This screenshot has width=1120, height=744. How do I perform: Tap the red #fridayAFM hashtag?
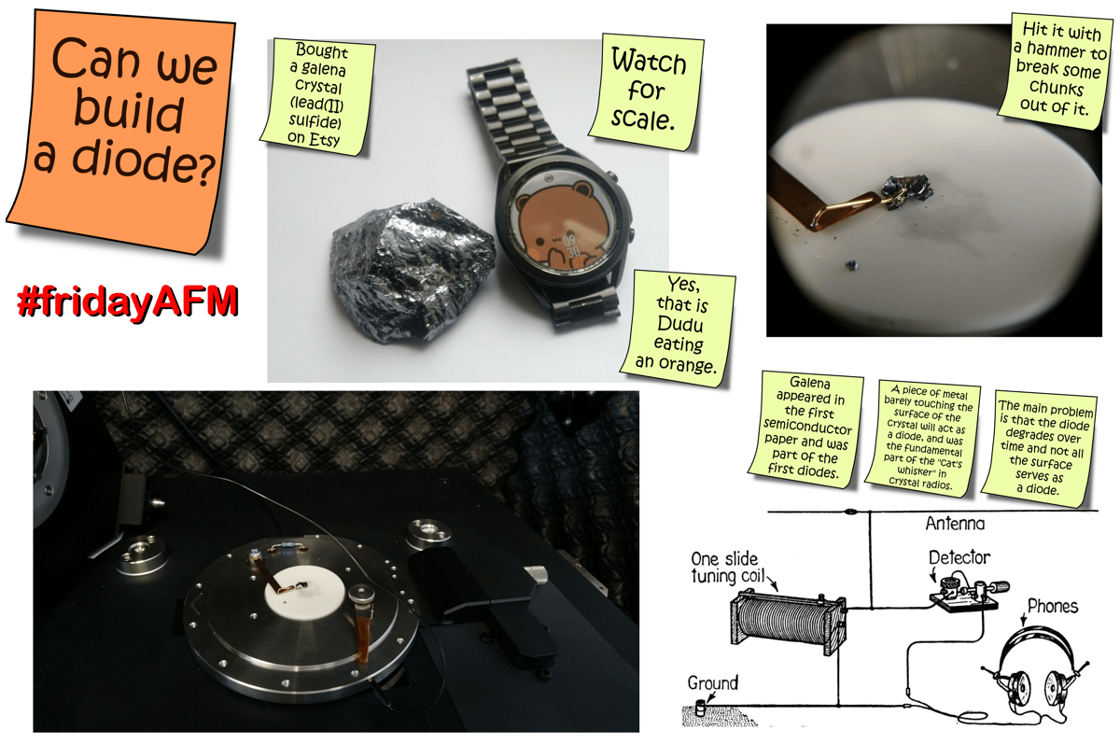127,301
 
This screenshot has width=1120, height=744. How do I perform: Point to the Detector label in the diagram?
959,557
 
